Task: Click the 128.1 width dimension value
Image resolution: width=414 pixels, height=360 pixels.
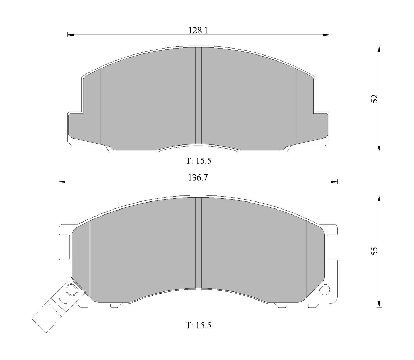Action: [x=198, y=31]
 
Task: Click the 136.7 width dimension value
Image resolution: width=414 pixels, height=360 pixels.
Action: [x=198, y=178]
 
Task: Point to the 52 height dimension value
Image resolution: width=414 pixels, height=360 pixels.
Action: [x=375, y=98]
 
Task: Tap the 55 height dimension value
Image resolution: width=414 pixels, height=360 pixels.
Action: [x=375, y=251]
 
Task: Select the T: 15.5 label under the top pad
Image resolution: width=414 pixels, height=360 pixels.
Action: [x=198, y=161]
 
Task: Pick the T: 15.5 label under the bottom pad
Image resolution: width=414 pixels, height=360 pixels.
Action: [x=198, y=325]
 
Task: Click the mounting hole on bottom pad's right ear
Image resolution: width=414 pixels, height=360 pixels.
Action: [x=325, y=290]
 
